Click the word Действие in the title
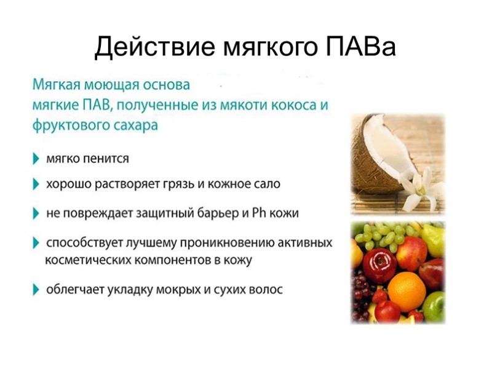tap(149, 47)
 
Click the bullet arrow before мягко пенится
tap(36, 159)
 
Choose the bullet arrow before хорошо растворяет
tap(36, 183)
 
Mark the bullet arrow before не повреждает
tap(36, 213)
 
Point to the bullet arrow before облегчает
tap(36, 288)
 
